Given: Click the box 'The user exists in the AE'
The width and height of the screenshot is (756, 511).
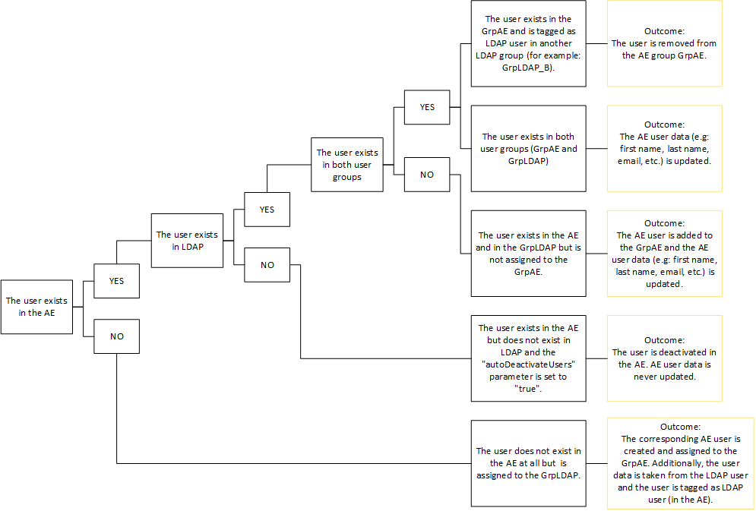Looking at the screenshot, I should [x=36, y=307].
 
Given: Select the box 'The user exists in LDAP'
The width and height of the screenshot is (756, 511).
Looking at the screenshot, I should [x=187, y=240].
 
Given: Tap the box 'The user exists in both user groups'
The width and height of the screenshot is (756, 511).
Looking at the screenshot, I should [x=346, y=165].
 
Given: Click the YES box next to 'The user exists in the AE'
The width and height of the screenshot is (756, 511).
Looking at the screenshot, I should [x=116, y=281].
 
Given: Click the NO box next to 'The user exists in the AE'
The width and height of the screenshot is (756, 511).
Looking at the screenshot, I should [x=116, y=336].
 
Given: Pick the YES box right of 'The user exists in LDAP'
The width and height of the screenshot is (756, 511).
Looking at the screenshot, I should [x=267, y=210].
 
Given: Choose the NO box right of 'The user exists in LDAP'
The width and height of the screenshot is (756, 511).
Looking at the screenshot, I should [x=267, y=266].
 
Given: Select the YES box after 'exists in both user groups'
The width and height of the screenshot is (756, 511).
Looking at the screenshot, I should [x=427, y=107].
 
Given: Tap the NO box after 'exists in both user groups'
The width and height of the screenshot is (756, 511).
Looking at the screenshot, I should [x=427, y=175].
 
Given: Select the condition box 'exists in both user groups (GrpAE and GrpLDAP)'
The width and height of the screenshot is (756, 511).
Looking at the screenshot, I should [x=528, y=148].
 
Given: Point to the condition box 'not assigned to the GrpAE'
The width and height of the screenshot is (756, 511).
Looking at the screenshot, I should [x=528, y=253].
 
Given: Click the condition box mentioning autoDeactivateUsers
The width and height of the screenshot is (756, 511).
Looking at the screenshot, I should [x=528, y=358].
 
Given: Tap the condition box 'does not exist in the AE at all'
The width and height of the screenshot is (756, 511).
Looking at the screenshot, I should [x=528, y=463].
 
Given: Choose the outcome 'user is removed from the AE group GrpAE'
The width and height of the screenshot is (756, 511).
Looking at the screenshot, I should [x=664, y=43].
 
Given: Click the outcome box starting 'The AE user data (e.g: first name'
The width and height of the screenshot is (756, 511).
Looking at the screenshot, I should [x=664, y=148].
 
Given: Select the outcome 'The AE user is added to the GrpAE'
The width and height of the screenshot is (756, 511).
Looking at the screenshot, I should [x=664, y=253].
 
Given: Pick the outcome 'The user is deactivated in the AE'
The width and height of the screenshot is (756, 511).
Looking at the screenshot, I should [x=664, y=358].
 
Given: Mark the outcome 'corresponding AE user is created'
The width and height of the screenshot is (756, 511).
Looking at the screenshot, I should [x=680, y=462].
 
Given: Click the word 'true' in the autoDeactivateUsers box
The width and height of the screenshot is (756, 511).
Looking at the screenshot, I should [x=528, y=388].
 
